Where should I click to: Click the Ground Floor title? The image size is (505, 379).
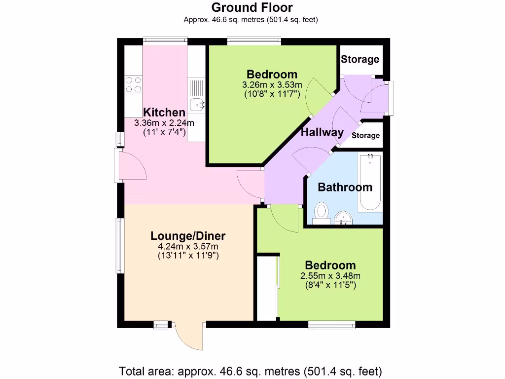[x=252, y=8]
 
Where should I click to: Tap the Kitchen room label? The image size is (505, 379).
[x=164, y=113]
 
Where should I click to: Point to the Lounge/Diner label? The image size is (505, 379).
[x=188, y=235]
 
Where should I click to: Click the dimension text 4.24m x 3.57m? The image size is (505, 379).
[x=188, y=246]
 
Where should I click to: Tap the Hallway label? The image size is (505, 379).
[x=322, y=132]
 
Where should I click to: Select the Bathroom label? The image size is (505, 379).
[x=345, y=187]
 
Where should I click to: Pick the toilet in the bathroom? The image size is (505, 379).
[x=322, y=213]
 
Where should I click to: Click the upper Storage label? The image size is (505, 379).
[x=360, y=60]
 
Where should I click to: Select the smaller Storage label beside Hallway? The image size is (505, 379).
[x=366, y=135]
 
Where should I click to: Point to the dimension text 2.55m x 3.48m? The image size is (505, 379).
[x=330, y=276]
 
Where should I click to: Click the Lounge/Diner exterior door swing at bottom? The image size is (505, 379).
[x=189, y=337]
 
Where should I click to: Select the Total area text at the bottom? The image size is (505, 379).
[x=251, y=371]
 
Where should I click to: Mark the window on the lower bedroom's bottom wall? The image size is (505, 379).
[x=331, y=324]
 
